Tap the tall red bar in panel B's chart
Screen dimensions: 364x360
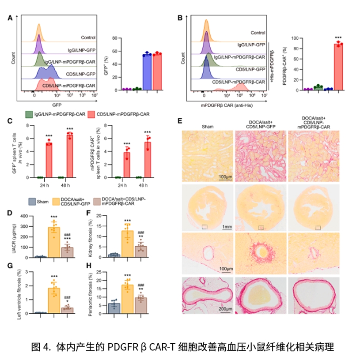click(338, 66)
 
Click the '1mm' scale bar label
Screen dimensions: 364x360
click(227, 226)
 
